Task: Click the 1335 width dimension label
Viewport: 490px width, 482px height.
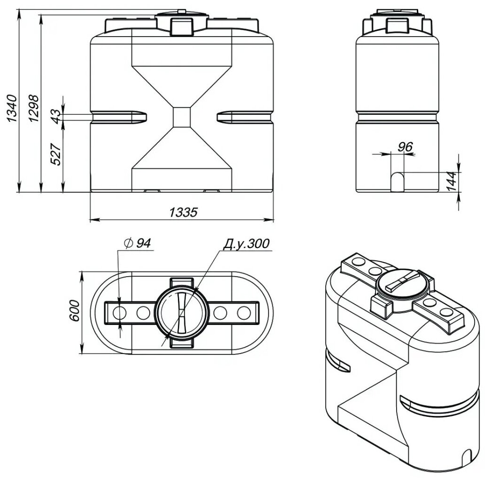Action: point(182,212)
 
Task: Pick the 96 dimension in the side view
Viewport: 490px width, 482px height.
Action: point(405,147)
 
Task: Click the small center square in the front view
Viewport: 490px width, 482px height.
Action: point(182,117)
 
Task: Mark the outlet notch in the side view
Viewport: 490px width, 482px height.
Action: point(398,181)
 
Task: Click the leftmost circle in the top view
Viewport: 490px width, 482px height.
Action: point(120,312)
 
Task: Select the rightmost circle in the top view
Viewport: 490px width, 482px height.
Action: point(244,312)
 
